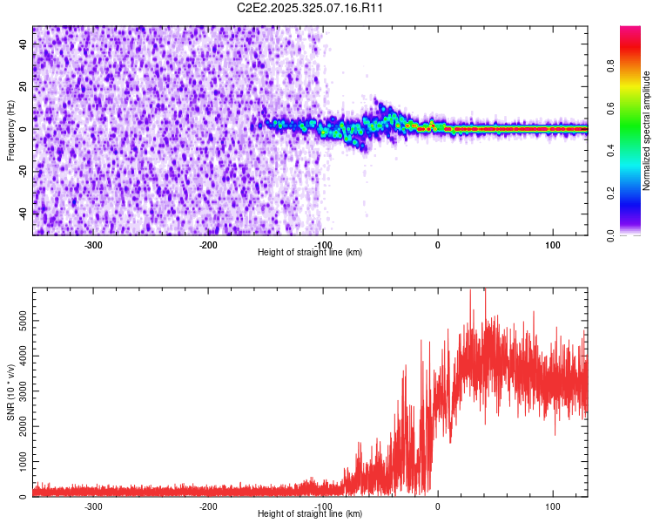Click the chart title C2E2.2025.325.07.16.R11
point(311,8)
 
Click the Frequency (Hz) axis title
point(10,130)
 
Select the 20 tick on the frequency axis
point(24,86)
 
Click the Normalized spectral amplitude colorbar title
point(647,131)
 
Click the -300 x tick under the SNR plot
point(93,506)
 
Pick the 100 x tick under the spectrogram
point(552,244)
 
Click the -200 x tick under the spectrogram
point(208,244)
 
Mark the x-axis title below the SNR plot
point(310,514)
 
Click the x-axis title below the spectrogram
point(310,253)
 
